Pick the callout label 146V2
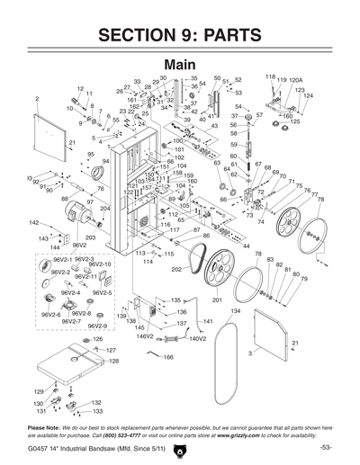point(145,337)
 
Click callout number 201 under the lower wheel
point(217,299)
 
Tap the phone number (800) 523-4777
point(130,433)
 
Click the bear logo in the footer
point(180,449)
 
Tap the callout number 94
point(105,161)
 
